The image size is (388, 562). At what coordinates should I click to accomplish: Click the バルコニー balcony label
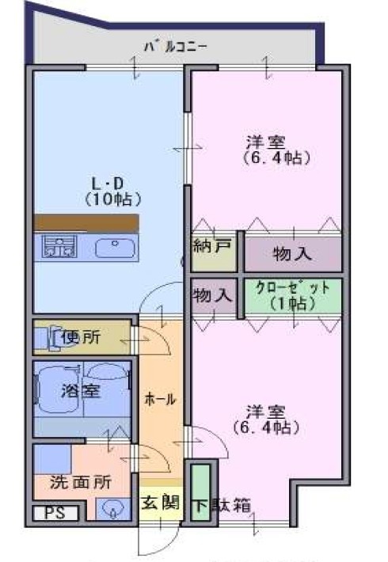(176, 47)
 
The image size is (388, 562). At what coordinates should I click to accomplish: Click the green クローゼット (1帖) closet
(293, 298)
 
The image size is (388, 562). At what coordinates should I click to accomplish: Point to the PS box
(55, 513)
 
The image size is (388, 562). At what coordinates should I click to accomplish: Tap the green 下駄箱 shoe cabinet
(200, 492)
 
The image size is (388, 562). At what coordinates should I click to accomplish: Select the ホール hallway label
(160, 399)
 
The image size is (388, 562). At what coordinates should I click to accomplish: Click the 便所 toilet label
(81, 337)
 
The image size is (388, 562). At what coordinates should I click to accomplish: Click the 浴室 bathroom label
(80, 391)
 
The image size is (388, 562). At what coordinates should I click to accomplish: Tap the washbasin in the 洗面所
(114, 509)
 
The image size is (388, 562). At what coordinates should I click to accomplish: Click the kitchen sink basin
(115, 248)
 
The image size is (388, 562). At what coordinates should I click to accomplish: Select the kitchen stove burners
(59, 246)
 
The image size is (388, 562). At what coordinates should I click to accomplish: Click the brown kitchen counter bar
(86, 222)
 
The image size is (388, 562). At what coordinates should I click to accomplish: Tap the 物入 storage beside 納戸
(293, 254)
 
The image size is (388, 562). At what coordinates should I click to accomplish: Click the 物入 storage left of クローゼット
(214, 297)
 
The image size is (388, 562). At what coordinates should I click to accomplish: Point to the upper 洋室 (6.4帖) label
(276, 150)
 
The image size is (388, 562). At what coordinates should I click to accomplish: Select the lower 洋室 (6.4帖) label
(266, 420)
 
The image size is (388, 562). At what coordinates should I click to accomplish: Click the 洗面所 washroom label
(81, 482)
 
